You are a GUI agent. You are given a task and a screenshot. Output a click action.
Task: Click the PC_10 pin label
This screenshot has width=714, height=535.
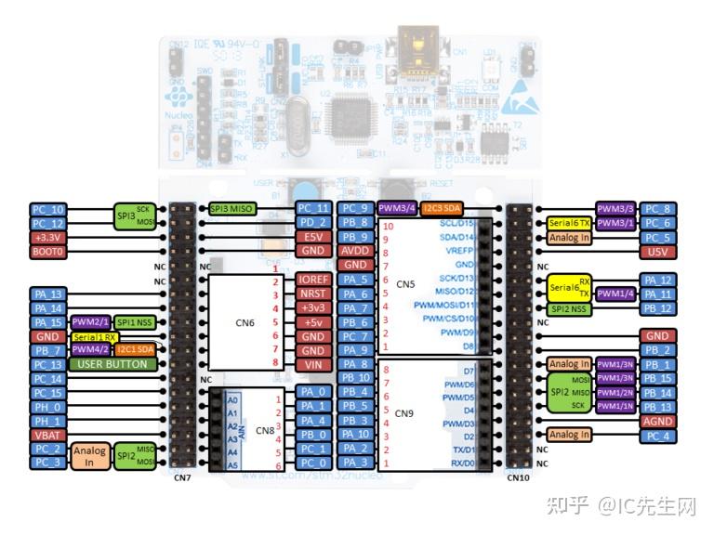48,210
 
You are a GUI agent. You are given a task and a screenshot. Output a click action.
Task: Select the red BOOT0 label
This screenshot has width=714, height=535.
48,252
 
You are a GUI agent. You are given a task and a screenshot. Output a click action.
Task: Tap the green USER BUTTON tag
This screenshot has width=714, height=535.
112,365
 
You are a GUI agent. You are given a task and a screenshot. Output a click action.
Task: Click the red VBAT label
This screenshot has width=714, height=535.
48,435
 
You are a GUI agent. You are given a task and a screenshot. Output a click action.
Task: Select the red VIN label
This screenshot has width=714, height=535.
313,365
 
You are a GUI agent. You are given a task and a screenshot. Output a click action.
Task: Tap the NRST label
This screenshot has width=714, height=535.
313,294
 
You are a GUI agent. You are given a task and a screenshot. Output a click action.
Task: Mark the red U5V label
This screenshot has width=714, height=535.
657,252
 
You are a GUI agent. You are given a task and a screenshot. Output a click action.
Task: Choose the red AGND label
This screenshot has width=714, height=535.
657,421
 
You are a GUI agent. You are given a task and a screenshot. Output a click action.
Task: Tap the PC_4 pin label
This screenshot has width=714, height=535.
657,435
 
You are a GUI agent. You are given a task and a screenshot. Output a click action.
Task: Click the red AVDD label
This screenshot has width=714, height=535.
355,251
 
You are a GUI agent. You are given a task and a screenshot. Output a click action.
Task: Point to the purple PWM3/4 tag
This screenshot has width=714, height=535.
397,208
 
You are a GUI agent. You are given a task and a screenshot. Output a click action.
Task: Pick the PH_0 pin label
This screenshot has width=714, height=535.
48,407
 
